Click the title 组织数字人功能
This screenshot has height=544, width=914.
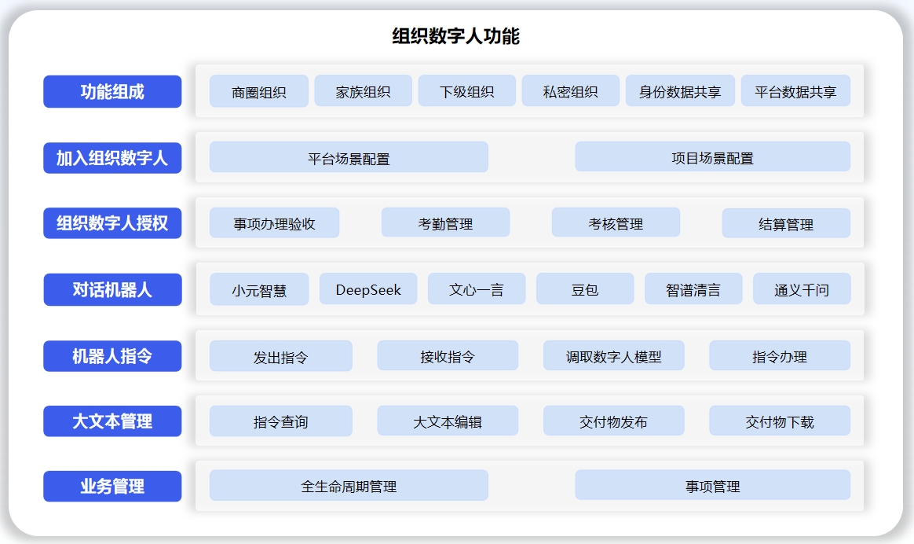(455, 36)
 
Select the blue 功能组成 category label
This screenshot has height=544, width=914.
(112, 92)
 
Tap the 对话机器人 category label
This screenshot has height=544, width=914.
(112, 289)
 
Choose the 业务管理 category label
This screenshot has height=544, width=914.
(112, 486)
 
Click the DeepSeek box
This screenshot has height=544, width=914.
(368, 289)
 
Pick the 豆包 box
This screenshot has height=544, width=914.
(585, 289)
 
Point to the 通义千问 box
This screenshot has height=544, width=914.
(802, 289)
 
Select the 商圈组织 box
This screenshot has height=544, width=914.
(259, 91)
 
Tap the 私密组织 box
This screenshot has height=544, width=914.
(570, 90)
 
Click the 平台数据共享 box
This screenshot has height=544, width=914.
(795, 90)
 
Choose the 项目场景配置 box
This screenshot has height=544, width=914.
(712, 156)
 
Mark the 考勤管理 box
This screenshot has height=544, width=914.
(445, 222)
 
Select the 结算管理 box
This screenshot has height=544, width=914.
(786, 223)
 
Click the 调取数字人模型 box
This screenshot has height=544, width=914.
(614, 355)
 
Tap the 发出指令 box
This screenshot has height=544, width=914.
(281, 356)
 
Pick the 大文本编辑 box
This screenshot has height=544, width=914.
(448, 421)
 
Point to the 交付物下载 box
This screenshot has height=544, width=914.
(780, 421)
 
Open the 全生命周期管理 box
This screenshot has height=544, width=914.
(349, 486)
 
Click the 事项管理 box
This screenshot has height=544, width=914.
(712, 485)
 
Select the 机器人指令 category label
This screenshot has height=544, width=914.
(112, 356)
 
